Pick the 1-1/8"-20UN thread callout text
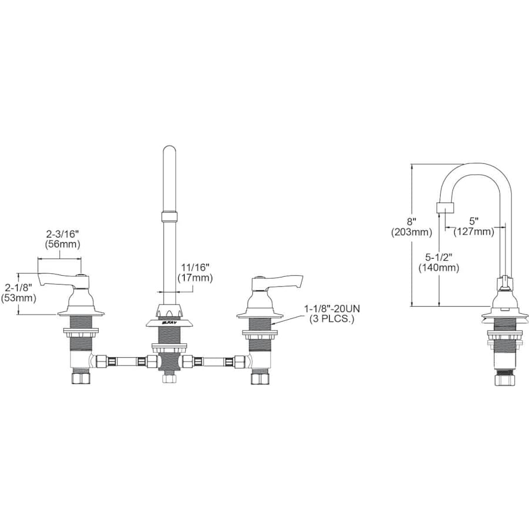point(333,309)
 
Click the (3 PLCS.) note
point(333,319)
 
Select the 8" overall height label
point(411,222)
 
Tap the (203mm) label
point(411,232)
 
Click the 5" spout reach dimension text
point(474,222)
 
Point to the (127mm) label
point(474,232)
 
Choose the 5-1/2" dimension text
point(438,257)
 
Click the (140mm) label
point(438,268)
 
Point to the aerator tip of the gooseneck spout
point(446,207)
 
